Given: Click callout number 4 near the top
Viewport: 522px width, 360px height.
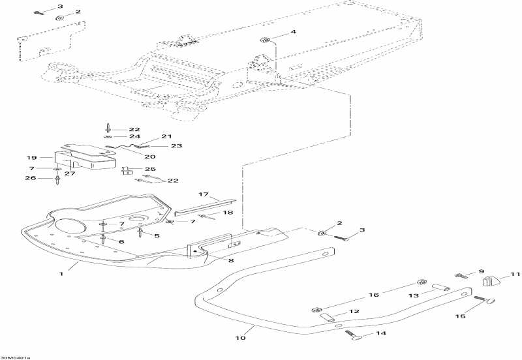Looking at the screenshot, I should click(x=293, y=32).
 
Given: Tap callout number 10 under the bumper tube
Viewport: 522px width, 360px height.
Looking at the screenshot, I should click(x=240, y=338).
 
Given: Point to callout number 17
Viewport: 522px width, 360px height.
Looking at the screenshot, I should click(x=203, y=195).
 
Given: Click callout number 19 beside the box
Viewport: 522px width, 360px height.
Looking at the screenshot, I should click(x=30, y=158).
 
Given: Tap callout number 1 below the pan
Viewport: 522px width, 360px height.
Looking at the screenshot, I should click(x=61, y=274).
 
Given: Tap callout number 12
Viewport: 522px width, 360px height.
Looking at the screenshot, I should click(x=353, y=312).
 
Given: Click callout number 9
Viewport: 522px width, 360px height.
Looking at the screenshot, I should click(x=482, y=271).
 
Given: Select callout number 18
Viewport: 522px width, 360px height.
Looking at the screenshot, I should click(x=228, y=213).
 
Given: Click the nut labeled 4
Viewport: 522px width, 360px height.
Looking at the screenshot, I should click(x=265, y=39).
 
